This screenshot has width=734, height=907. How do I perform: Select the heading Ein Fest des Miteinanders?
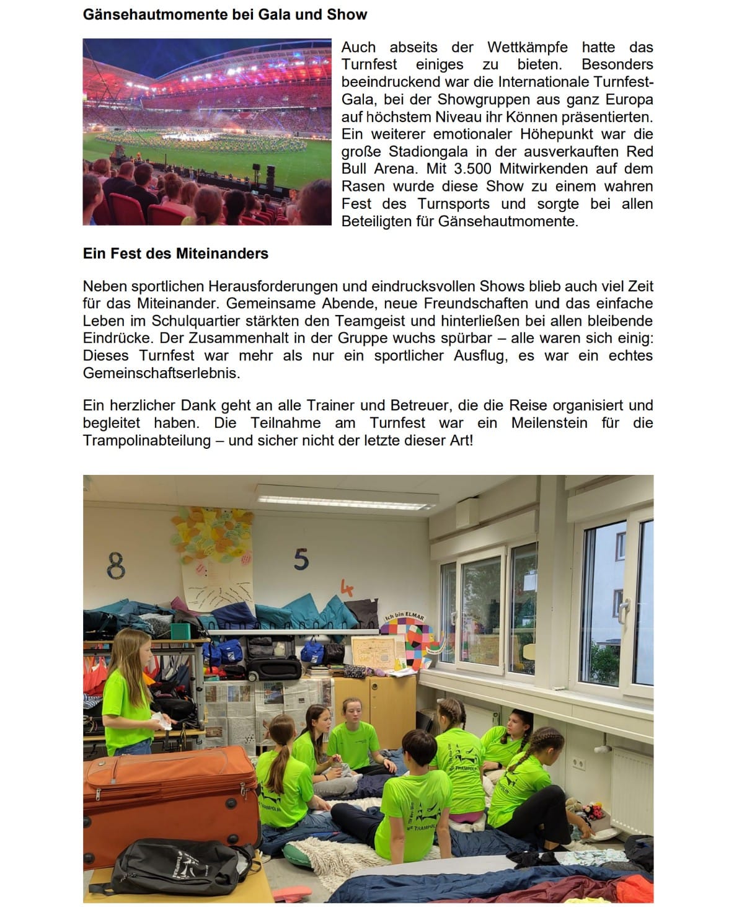[x=175, y=254]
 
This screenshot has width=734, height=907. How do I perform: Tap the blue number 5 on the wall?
[x=301, y=559]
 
